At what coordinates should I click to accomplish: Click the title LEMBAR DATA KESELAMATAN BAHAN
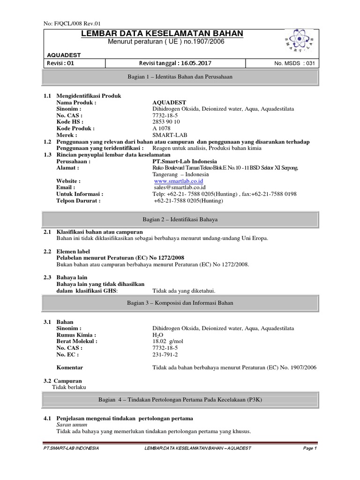pos(162,33)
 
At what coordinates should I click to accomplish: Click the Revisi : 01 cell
pos(60,63)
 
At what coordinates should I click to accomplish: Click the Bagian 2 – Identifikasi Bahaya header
pos(180,219)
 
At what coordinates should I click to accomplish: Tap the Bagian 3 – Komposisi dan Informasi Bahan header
pos(180,303)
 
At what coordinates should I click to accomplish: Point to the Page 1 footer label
pos(310,448)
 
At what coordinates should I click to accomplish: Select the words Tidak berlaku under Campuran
pos(69,387)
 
